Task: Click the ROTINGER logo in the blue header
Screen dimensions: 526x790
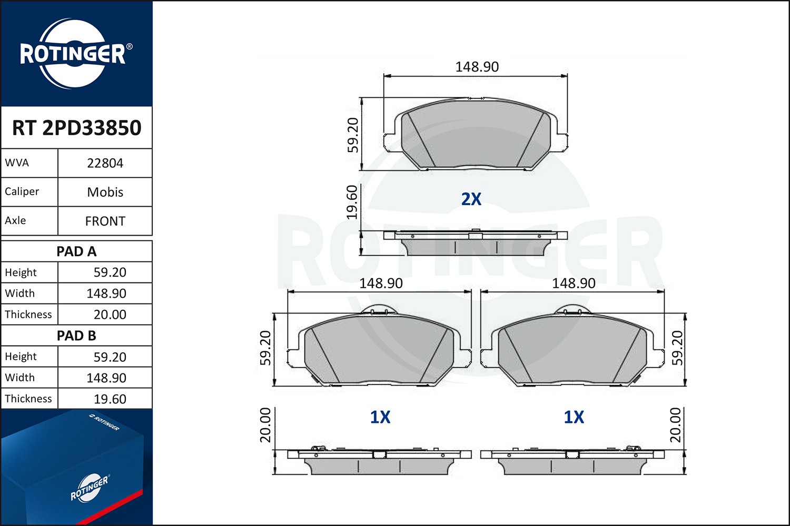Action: tap(73, 54)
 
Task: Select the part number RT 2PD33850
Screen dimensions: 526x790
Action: tap(77, 128)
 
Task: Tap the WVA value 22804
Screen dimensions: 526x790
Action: tap(105, 163)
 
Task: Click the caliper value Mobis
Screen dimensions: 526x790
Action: tap(105, 192)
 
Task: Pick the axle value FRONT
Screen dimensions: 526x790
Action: tap(105, 221)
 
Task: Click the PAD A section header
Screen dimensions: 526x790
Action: tap(77, 251)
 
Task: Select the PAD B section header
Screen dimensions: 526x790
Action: tap(77, 336)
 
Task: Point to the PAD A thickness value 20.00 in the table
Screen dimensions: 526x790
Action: tap(110, 315)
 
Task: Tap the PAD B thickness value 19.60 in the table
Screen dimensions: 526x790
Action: tap(110, 399)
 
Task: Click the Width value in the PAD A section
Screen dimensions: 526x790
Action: tap(106, 294)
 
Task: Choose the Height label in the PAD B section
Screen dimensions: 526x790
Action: tap(21, 357)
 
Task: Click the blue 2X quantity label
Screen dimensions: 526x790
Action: tap(471, 199)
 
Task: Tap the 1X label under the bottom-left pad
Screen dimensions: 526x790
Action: tap(380, 417)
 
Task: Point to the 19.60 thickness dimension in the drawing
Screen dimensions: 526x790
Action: tap(352, 202)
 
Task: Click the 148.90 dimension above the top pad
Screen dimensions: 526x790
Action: tap(477, 67)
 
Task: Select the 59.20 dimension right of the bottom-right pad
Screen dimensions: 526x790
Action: tap(677, 348)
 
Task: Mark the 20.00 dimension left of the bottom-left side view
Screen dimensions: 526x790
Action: tap(265, 425)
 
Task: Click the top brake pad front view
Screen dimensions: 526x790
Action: tap(476, 135)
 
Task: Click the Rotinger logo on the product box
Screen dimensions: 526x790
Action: tap(90, 488)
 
